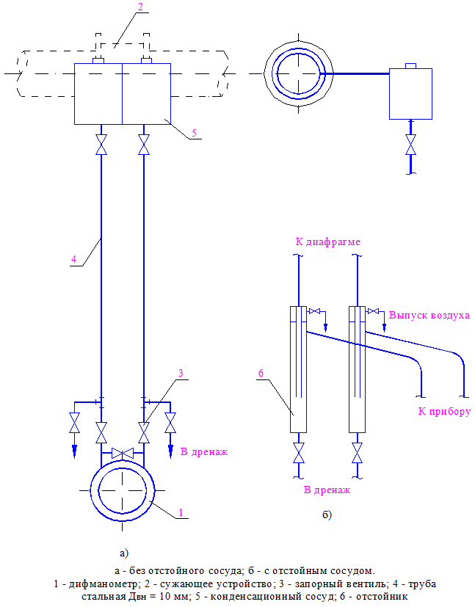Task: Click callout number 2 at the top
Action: point(140,7)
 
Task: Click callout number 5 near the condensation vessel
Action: point(194,133)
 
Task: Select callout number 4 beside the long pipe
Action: point(73,259)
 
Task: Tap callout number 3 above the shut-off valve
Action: point(181,373)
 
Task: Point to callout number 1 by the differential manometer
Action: point(181,512)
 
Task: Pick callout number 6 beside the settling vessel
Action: point(261,373)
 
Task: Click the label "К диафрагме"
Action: point(328,242)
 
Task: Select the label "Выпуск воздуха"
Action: point(429,315)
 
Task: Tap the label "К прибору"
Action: point(444,411)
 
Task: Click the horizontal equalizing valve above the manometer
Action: point(123,454)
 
